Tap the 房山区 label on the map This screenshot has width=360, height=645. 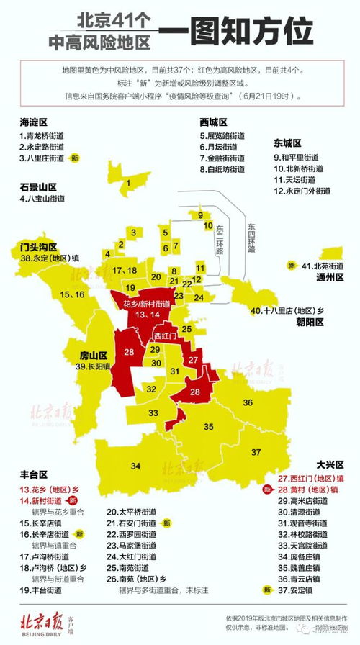[x=93, y=355]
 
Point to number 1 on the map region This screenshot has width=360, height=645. [x=128, y=184]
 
